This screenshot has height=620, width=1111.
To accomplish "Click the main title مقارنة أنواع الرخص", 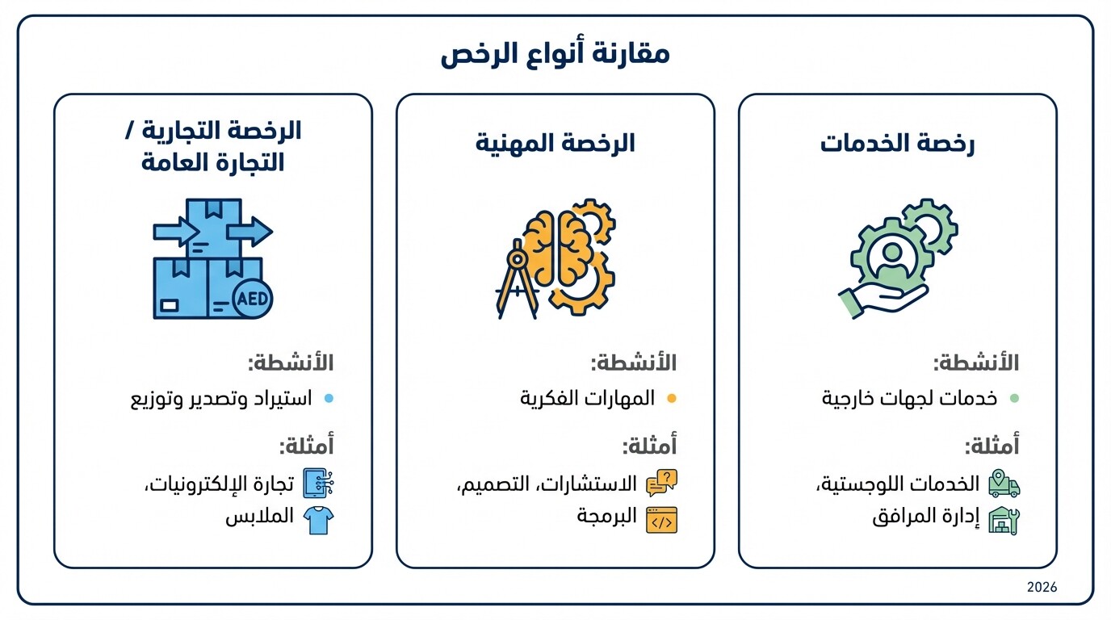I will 555,55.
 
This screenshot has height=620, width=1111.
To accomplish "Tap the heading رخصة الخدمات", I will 897,144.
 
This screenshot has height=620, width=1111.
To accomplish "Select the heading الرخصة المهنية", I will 555,144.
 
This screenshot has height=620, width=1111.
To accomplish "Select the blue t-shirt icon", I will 318,519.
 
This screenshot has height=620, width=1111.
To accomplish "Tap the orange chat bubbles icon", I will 661,483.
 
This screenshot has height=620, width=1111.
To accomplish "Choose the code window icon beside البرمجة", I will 661,520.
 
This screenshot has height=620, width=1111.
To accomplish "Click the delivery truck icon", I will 1004,484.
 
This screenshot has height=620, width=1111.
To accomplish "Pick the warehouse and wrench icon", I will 1004,520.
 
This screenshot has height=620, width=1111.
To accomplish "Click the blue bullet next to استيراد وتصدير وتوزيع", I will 328,398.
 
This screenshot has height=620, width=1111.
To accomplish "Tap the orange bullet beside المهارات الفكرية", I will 671,398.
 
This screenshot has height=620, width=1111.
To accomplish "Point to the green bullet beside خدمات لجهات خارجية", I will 1014,398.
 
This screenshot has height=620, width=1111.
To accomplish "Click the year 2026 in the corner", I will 1042,587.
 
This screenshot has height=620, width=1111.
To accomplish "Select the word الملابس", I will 259,517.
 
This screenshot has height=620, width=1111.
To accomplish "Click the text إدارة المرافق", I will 926,517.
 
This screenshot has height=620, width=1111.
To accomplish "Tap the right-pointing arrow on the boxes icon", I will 249,232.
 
